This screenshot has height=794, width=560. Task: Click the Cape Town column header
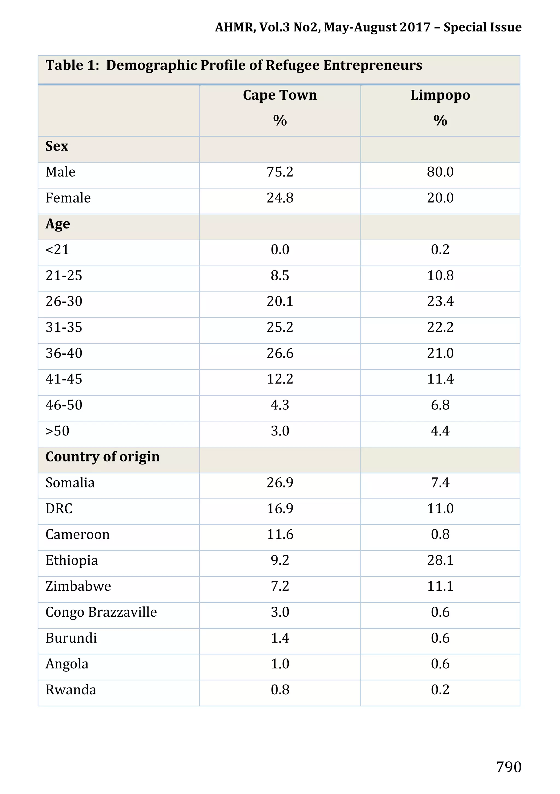pos(279,95)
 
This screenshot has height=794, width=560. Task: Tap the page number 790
pos(509,767)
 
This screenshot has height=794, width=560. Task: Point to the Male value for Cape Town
pos(279,172)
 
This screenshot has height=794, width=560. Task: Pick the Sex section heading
pos(57,146)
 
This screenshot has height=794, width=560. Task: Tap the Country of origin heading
pos(103,457)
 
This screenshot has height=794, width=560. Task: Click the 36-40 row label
pos(64,353)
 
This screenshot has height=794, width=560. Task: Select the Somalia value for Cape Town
pos(279,483)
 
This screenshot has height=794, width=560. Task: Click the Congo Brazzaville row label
pos(101,612)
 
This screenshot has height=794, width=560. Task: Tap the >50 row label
pos(57,431)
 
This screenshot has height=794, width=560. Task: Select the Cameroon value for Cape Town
pos(279,535)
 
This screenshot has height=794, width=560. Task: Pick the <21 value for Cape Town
pos(279,250)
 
